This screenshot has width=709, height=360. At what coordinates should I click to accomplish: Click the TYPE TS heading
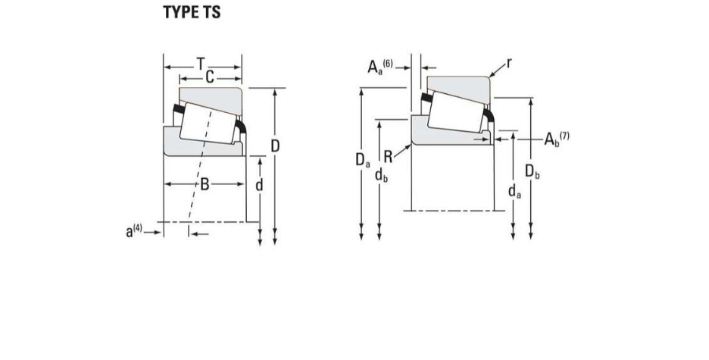192,12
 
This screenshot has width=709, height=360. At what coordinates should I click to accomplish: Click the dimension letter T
200,64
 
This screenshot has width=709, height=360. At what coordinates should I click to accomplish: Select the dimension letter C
209,77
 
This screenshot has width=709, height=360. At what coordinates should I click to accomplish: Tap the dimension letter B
205,184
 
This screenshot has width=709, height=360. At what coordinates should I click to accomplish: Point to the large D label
275,146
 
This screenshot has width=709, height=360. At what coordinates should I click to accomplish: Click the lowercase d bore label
259,184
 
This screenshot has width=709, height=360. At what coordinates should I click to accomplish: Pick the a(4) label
134,230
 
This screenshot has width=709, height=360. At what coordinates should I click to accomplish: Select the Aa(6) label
380,67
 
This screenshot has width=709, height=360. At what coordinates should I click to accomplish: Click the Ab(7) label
557,139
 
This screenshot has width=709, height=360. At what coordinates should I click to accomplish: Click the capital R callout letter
388,157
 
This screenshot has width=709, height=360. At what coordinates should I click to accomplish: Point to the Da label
363,160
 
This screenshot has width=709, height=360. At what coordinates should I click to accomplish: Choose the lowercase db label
381,174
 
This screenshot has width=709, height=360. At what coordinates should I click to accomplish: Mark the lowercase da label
514,192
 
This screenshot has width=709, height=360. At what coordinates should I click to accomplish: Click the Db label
533,172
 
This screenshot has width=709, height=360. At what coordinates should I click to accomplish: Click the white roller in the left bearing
208,123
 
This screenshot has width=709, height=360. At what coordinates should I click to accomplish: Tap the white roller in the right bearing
456,112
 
